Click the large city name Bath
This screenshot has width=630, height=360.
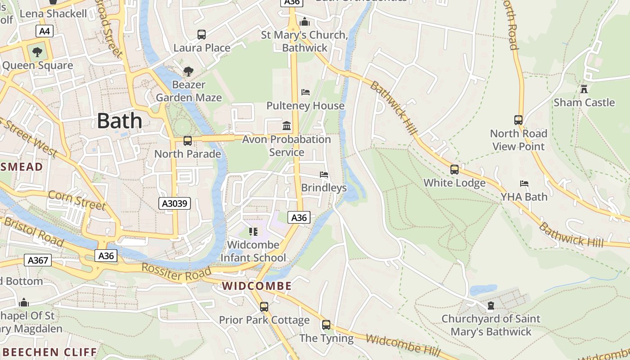point(119,121)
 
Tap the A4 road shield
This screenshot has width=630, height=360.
point(45,31)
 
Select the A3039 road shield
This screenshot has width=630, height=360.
point(175,203)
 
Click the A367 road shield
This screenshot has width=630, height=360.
point(37,260)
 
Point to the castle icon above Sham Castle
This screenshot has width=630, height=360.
point(584,89)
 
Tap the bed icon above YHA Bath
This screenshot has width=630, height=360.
point(524,184)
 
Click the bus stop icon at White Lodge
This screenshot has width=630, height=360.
point(454,170)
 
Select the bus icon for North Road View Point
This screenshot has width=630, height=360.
point(518,120)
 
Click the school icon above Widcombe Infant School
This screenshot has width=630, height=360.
point(253,232)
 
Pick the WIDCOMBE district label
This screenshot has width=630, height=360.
point(257,286)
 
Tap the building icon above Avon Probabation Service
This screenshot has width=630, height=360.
point(287,126)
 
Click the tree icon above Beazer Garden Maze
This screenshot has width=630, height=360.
point(188,71)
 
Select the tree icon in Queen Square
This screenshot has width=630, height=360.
point(37,52)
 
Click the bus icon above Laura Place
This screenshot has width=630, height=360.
point(202,34)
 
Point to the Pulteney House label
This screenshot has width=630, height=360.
point(306,106)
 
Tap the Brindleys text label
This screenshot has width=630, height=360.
point(324,188)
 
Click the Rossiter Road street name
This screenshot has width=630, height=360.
point(176,272)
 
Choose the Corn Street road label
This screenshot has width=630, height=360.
point(76,200)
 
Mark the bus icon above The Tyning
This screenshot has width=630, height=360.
point(326,325)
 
